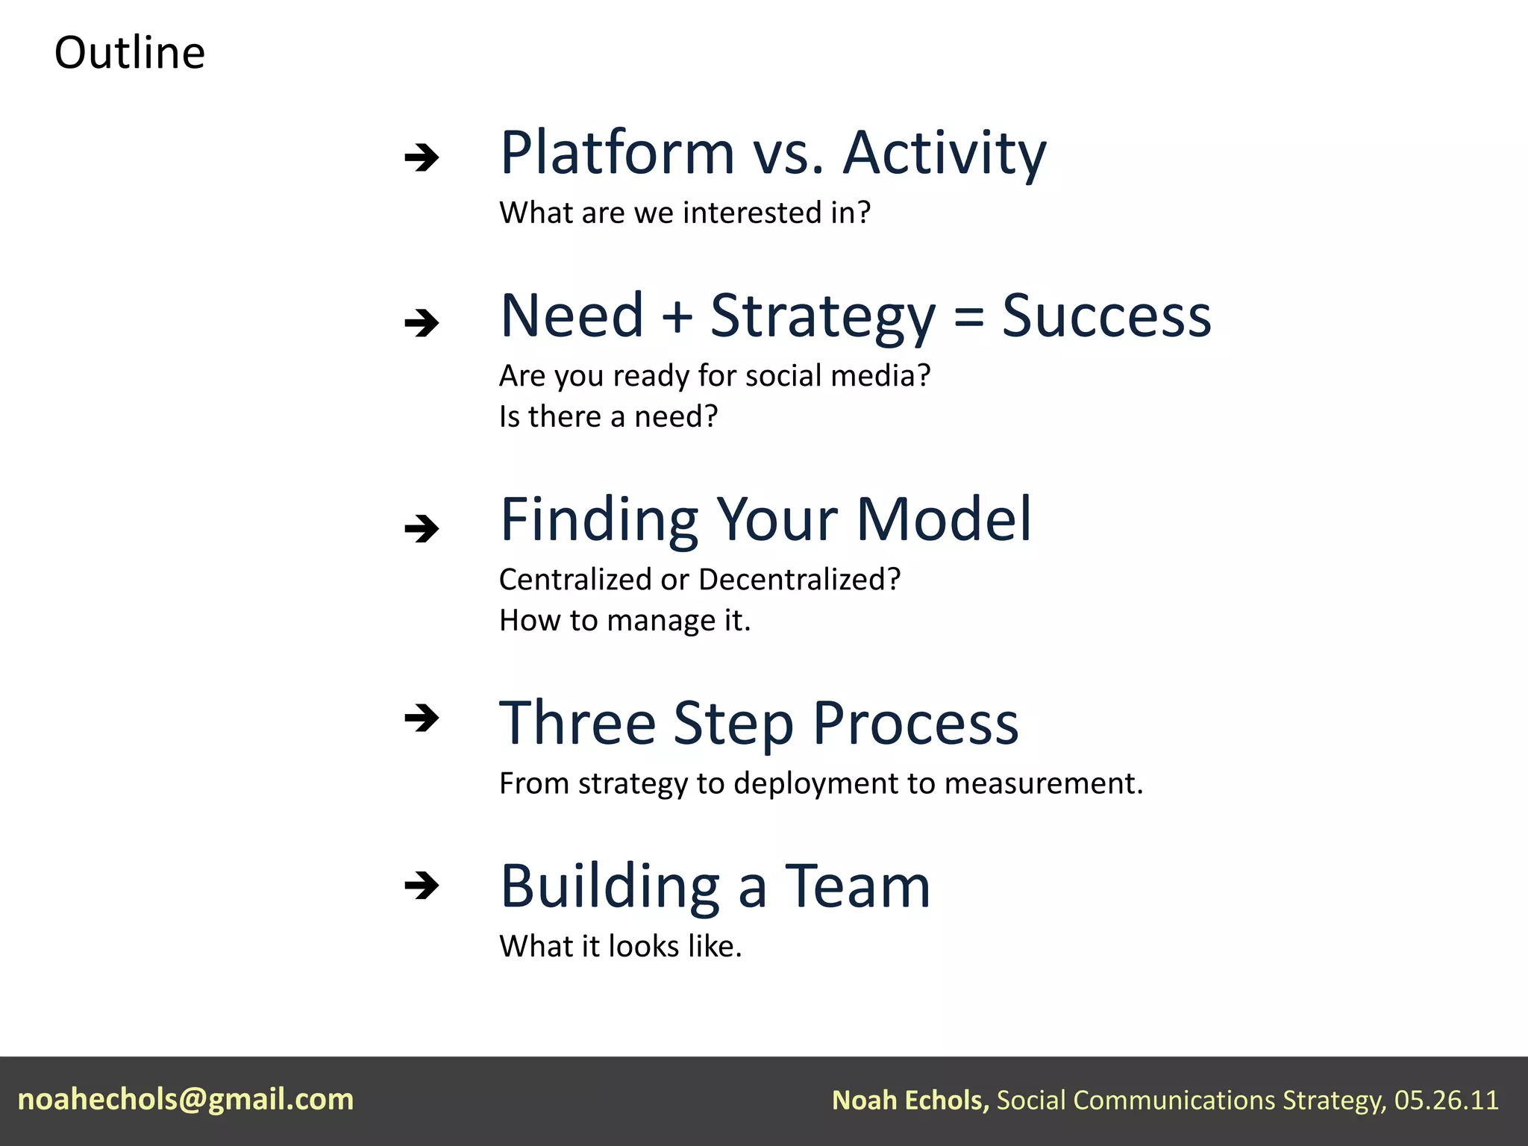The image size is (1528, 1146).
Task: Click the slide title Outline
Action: pyautogui.click(x=130, y=53)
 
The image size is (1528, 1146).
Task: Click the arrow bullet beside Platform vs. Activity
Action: pyautogui.click(x=422, y=157)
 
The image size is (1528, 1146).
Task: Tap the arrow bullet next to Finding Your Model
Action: pyautogui.click(x=422, y=529)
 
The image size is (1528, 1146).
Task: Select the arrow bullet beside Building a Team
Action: pyautogui.click(x=422, y=886)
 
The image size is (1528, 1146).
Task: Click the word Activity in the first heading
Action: pyautogui.click(x=945, y=153)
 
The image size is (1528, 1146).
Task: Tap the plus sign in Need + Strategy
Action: pyautogui.click(x=677, y=316)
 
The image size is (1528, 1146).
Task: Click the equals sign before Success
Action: pyautogui.click(x=968, y=316)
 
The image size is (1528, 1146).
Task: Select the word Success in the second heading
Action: pyautogui.click(x=1106, y=316)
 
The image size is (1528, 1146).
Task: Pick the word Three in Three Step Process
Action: pyautogui.click(x=577, y=723)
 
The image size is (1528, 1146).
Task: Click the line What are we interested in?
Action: pyautogui.click(x=685, y=213)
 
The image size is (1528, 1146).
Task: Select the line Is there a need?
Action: pyautogui.click(x=608, y=416)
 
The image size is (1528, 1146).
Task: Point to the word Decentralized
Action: pyautogui.click(x=799, y=580)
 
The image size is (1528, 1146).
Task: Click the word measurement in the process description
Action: pyautogui.click(x=1043, y=783)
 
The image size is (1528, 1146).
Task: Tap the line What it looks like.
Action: pyautogui.click(x=620, y=946)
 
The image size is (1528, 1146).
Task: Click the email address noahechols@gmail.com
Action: pyautogui.click(x=186, y=1099)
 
